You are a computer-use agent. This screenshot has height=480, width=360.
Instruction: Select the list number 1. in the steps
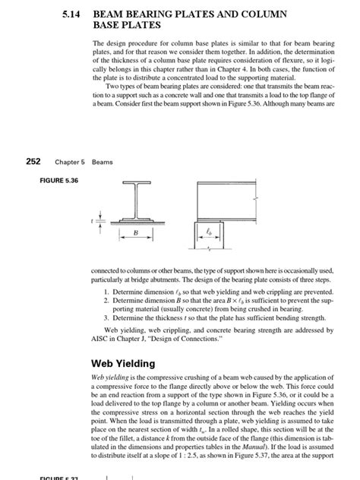[106, 291]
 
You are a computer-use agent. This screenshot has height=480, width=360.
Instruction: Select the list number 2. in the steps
[106, 300]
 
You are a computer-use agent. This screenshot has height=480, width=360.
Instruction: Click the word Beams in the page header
[102, 162]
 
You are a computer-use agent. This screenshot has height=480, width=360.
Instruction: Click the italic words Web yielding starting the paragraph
[109, 377]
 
